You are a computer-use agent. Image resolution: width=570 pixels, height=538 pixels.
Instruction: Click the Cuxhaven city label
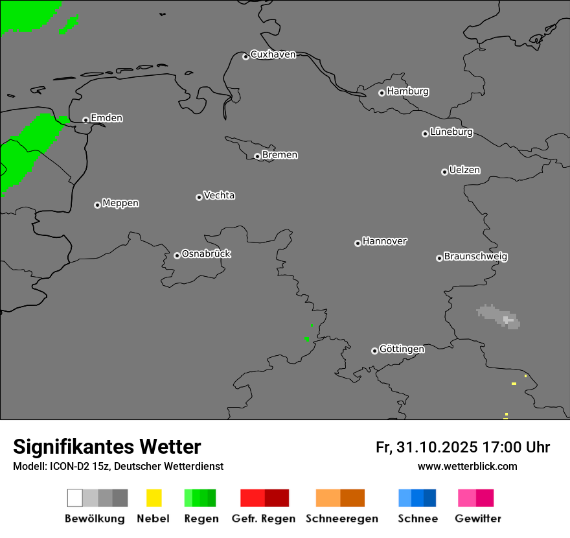273,54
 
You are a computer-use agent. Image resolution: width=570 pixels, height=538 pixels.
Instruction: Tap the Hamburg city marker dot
382,93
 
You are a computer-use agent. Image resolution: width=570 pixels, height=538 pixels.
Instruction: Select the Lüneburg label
451,132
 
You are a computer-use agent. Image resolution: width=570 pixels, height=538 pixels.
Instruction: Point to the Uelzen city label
464,170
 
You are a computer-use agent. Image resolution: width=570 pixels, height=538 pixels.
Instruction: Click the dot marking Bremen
257,156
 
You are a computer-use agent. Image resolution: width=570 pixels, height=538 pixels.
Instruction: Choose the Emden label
106,118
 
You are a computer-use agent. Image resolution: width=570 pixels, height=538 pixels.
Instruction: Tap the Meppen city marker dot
97,205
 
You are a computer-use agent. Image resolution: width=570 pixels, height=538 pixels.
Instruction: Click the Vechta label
219,196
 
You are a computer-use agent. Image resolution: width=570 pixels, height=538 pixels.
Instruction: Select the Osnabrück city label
206,254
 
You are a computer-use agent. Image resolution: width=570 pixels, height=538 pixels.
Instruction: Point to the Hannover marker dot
358,243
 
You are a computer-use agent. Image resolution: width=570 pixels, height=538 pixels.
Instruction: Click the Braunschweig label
475,257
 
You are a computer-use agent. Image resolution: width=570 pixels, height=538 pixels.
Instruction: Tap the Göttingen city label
402,349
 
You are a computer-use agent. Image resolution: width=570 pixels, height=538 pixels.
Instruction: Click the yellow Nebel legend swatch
154,498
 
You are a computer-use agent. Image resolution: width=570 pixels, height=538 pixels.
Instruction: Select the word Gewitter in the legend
478,519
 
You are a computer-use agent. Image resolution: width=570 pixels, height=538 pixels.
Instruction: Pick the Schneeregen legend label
341,519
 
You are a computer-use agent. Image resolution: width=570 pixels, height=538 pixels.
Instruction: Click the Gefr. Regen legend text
264,519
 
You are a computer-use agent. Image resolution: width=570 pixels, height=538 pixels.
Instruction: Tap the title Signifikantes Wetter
107,447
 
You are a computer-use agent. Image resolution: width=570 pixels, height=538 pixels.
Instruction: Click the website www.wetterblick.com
467,466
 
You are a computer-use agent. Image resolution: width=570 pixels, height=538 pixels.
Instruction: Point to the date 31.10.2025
437,447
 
